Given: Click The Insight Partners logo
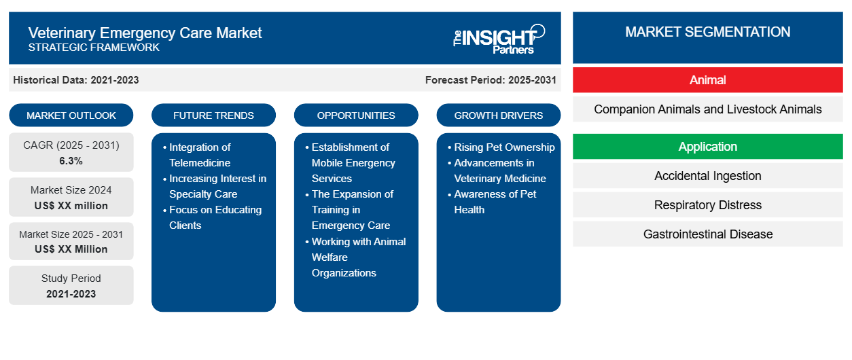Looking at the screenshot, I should (499, 38).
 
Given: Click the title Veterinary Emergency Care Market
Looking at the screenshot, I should (145, 32).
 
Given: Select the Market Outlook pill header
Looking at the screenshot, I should (71, 115).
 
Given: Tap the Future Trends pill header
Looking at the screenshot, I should (213, 115).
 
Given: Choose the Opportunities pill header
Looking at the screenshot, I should (356, 115).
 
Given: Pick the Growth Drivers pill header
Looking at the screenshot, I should (499, 115).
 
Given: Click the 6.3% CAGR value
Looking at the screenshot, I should (71, 161).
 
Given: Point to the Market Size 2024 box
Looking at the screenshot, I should (71, 198).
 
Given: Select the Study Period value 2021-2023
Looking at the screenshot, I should (71, 294).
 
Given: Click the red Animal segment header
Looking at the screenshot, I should (707, 80).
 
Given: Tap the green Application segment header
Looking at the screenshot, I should (707, 147).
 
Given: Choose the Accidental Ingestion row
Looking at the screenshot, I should (707, 176).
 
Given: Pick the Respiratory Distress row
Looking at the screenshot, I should (707, 205).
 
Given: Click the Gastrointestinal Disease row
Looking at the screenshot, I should (707, 234).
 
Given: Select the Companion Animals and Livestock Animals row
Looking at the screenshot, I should (707, 109).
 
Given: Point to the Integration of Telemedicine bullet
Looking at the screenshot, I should (200, 155).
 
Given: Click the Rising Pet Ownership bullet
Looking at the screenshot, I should (504, 147).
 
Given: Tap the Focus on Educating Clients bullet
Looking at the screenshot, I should (215, 217).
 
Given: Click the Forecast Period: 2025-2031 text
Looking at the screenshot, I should (491, 80).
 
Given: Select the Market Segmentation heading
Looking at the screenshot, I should (707, 32).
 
